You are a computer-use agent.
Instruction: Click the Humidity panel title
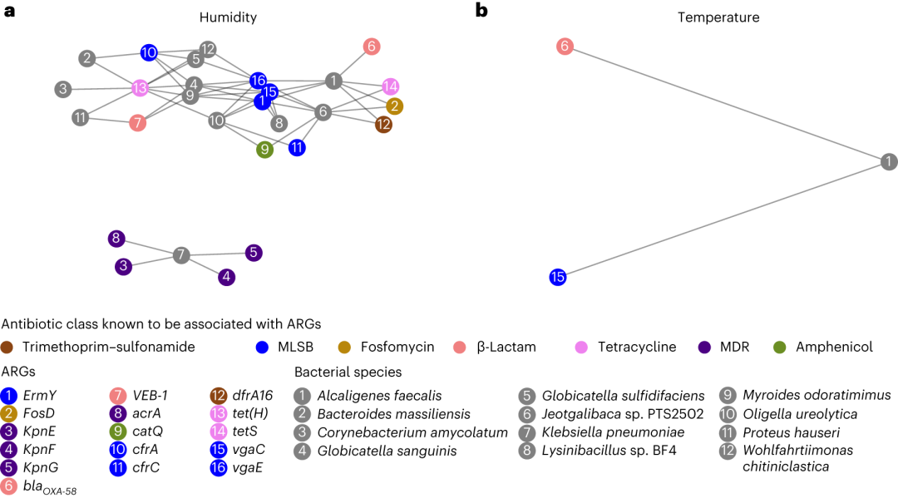pos(228,17)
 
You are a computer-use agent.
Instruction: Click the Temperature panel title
pos(718,17)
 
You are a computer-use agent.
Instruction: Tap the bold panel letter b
pos(481,11)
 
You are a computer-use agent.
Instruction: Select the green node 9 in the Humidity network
pos(265,150)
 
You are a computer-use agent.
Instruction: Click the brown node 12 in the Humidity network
pos(383,125)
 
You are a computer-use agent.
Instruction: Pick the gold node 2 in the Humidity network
pos(395,106)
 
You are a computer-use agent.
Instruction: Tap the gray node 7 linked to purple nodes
pos(181,255)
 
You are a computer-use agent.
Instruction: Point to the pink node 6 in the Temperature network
pos(565,47)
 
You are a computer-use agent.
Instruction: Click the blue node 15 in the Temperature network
pos(558,277)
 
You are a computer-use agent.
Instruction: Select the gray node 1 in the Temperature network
pos(889,162)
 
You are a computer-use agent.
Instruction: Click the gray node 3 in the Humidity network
pos(63,89)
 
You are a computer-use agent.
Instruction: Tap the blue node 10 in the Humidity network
pos(149,53)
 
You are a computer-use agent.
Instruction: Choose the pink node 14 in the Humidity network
pos(391,86)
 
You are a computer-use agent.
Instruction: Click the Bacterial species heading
pos(348,372)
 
